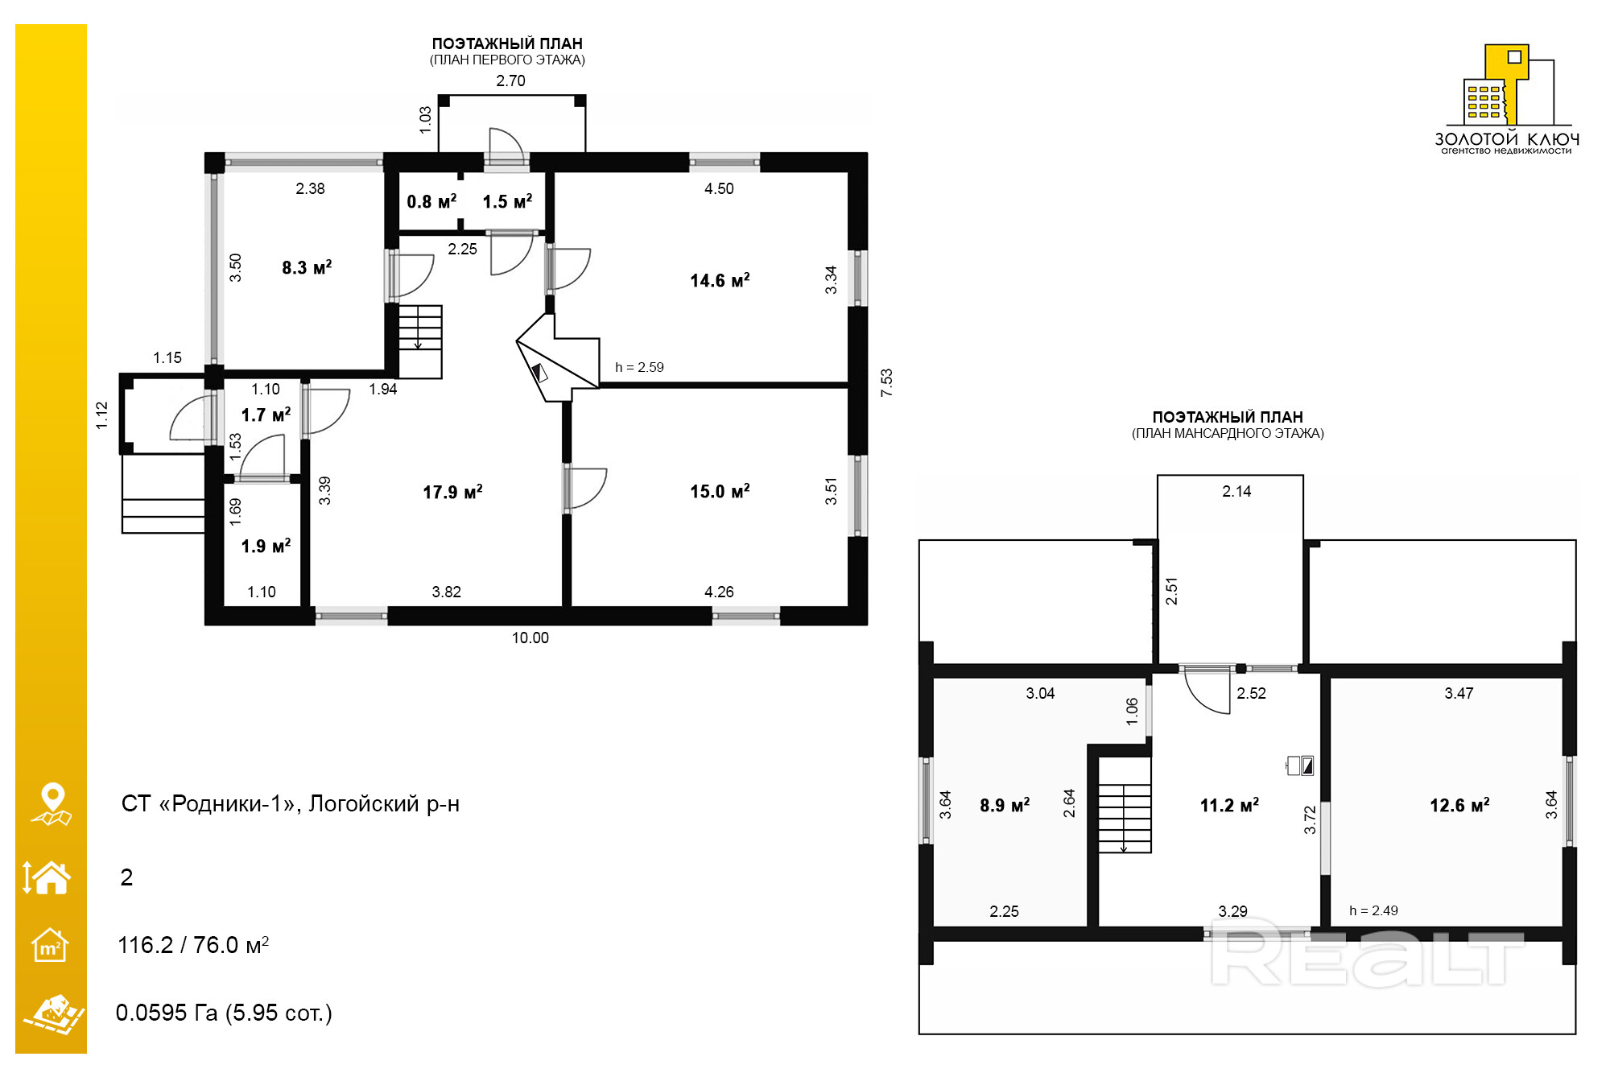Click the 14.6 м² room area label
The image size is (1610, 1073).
720,280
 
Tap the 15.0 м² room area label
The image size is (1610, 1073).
720,491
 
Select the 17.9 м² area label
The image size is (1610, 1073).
452,492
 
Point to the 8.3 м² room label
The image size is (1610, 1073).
307,267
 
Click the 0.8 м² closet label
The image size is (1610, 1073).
431,201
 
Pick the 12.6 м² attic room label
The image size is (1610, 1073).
1459,805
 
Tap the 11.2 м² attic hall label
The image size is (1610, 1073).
1229,805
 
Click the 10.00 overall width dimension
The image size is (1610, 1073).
530,638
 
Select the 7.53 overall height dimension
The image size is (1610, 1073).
886,382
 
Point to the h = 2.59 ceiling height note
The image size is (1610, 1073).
639,367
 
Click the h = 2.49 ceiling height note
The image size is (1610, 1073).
1373,910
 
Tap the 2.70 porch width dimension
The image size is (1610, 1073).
510,80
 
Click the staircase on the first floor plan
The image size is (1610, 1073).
420,341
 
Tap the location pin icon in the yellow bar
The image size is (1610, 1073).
52,803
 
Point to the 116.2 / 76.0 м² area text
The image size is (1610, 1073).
193,944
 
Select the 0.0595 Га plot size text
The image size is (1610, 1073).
167,1012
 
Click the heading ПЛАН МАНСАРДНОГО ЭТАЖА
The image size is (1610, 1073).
1228,433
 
